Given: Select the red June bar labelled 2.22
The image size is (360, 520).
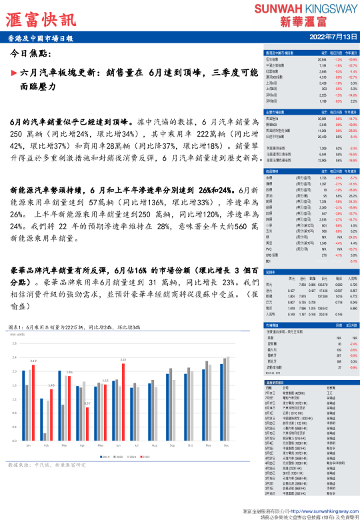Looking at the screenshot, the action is click(123, 401).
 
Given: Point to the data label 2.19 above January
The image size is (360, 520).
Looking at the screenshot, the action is click(33, 361).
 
